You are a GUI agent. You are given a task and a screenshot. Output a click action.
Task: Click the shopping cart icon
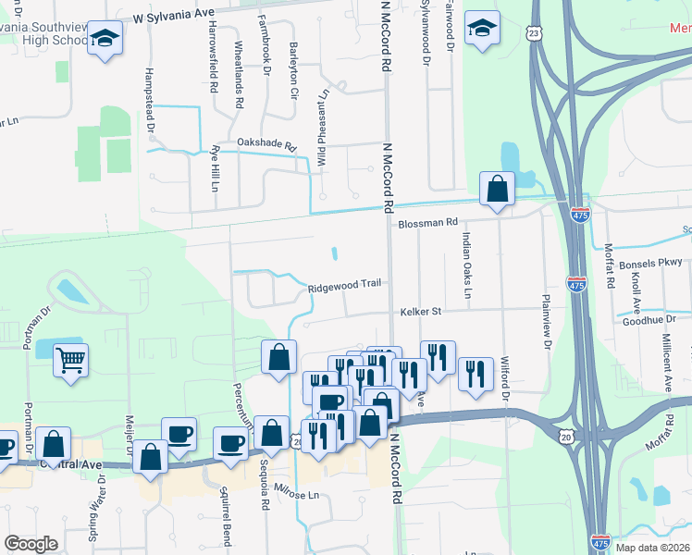click(x=70, y=360)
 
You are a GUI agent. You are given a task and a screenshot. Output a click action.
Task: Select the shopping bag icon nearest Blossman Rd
click(x=498, y=189)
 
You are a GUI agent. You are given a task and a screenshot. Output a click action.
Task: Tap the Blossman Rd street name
click(x=427, y=223)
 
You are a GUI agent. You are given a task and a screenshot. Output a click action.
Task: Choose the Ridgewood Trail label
click(x=345, y=284)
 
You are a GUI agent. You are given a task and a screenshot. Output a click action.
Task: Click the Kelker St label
click(x=421, y=312)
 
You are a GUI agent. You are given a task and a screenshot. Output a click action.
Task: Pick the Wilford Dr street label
click(x=506, y=376)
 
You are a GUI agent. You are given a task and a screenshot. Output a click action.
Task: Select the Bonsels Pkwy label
click(x=656, y=264)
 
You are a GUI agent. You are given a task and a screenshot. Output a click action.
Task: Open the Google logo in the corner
click(x=31, y=544)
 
